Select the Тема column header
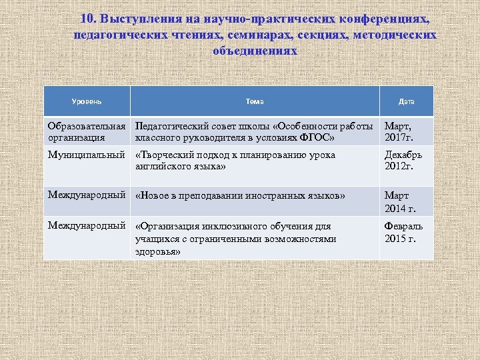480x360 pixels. [x=254, y=101]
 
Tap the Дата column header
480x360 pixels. [x=406, y=101]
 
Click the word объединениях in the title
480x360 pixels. [x=255, y=51]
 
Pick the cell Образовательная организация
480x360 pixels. [x=87, y=132]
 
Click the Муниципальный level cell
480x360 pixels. [x=87, y=155]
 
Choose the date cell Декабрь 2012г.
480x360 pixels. [x=403, y=161]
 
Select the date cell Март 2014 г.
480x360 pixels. [x=400, y=202]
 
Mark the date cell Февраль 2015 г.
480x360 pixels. [x=403, y=233]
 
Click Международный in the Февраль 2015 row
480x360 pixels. [x=87, y=226]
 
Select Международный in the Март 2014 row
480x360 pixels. [x=87, y=195]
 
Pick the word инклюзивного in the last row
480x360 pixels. [x=239, y=227]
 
